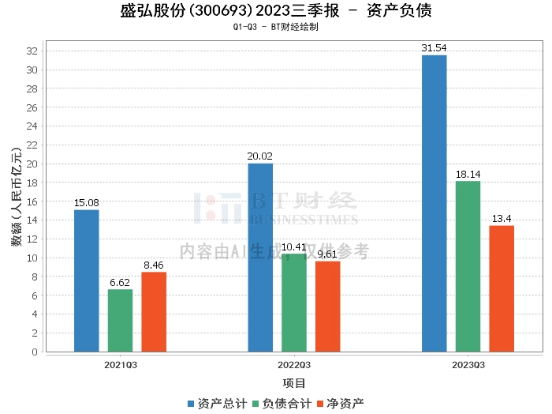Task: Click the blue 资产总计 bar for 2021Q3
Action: coord(87,280)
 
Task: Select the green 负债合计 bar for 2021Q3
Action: coord(121,320)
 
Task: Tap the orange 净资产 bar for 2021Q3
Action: coord(154,311)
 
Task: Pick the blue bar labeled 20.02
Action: coord(260,257)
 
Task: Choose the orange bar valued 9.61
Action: coord(328,306)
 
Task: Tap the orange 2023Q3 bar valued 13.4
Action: coord(502,288)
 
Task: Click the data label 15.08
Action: coord(87,203)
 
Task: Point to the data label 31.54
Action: coord(434,48)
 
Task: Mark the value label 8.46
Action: coord(154,265)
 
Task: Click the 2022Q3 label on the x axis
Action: coord(294,365)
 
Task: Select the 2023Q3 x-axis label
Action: coord(468,365)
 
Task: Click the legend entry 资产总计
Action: coord(217,403)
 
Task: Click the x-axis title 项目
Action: coord(294,383)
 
